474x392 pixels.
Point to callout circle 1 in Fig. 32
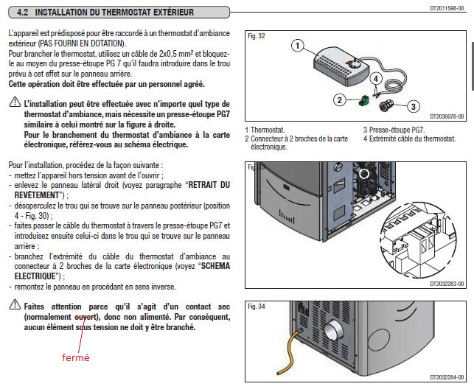click(x=297, y=46)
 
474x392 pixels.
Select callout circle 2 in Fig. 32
click(x=340, y=99)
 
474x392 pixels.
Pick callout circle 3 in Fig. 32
click(x=414, y=106)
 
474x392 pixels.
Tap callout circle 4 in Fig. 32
click(x=377, y=78)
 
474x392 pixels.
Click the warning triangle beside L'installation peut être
click(x=14, y=105)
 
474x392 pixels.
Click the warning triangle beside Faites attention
click(x=14, y=305)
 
